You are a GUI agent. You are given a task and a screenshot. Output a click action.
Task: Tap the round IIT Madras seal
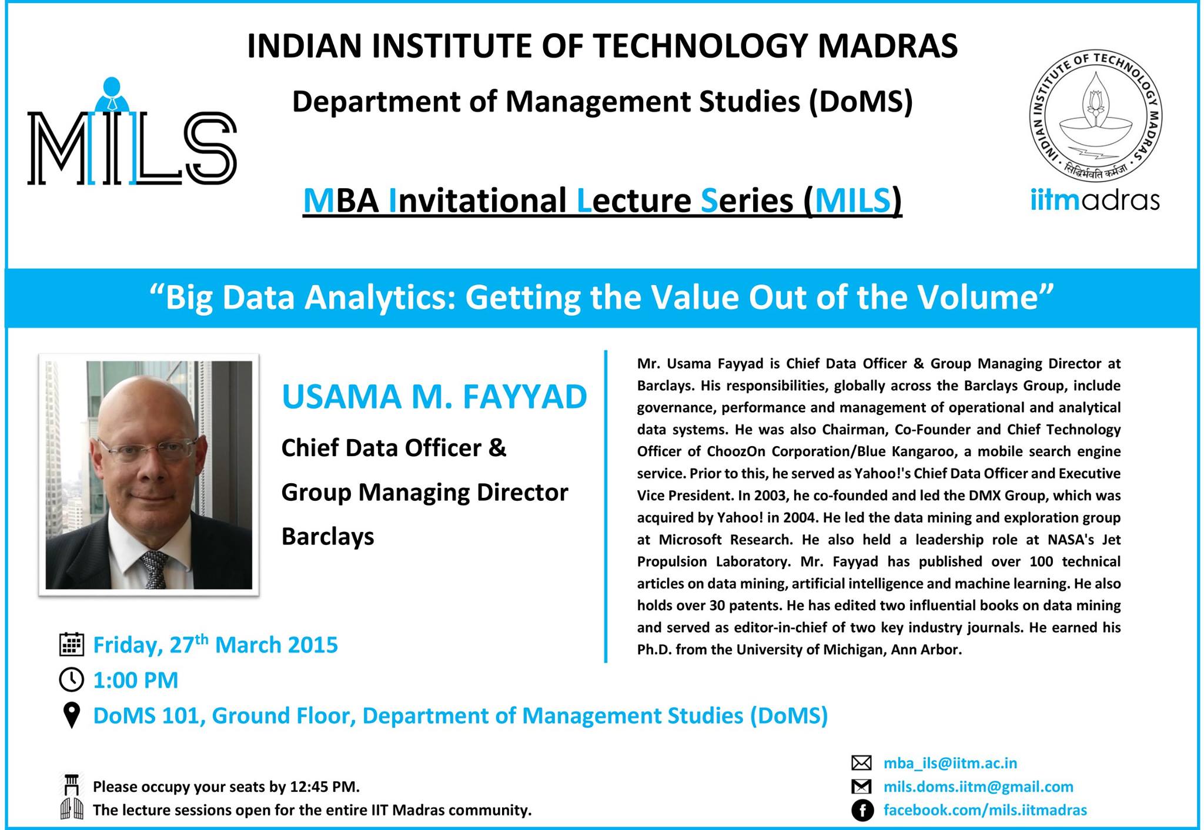[1095, 116]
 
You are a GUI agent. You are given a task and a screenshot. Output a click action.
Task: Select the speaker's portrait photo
[149, 475]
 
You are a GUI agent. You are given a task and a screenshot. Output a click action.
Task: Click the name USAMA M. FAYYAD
[434, 397]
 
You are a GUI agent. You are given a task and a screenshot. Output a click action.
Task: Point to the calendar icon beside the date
[72, 644]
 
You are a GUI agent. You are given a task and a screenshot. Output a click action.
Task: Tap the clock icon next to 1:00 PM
[72, 680]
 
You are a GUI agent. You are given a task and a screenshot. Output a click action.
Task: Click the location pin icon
[72, 715]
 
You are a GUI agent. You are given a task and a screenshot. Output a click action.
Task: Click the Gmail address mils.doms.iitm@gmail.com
[978, 787]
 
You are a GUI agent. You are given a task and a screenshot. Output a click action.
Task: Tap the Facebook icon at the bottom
[862, 811]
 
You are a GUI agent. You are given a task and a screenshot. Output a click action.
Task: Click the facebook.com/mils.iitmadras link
[985, 810]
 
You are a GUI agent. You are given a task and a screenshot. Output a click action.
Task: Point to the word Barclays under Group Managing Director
[327, 537]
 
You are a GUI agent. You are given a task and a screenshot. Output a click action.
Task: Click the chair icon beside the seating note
[72, 785]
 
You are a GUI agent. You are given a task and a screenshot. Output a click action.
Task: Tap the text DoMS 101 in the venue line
[149, 715]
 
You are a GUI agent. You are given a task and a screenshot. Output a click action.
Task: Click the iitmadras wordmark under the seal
[1095, 200]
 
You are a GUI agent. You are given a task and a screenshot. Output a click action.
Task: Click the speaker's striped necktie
[154, 568]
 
